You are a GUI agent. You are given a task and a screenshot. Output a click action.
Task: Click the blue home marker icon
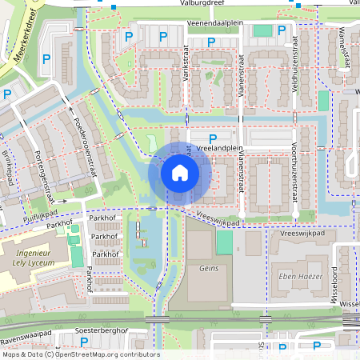(x=180, y=173)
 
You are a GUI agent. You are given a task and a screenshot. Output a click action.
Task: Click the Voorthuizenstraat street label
(x=294, y=173)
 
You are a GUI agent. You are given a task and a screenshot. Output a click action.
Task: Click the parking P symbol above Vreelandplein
(x=213, y=138)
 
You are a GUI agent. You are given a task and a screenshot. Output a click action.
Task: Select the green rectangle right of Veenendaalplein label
(x=262, y=30)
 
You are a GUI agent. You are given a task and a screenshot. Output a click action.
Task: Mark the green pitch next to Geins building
(x=225, y=242)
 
